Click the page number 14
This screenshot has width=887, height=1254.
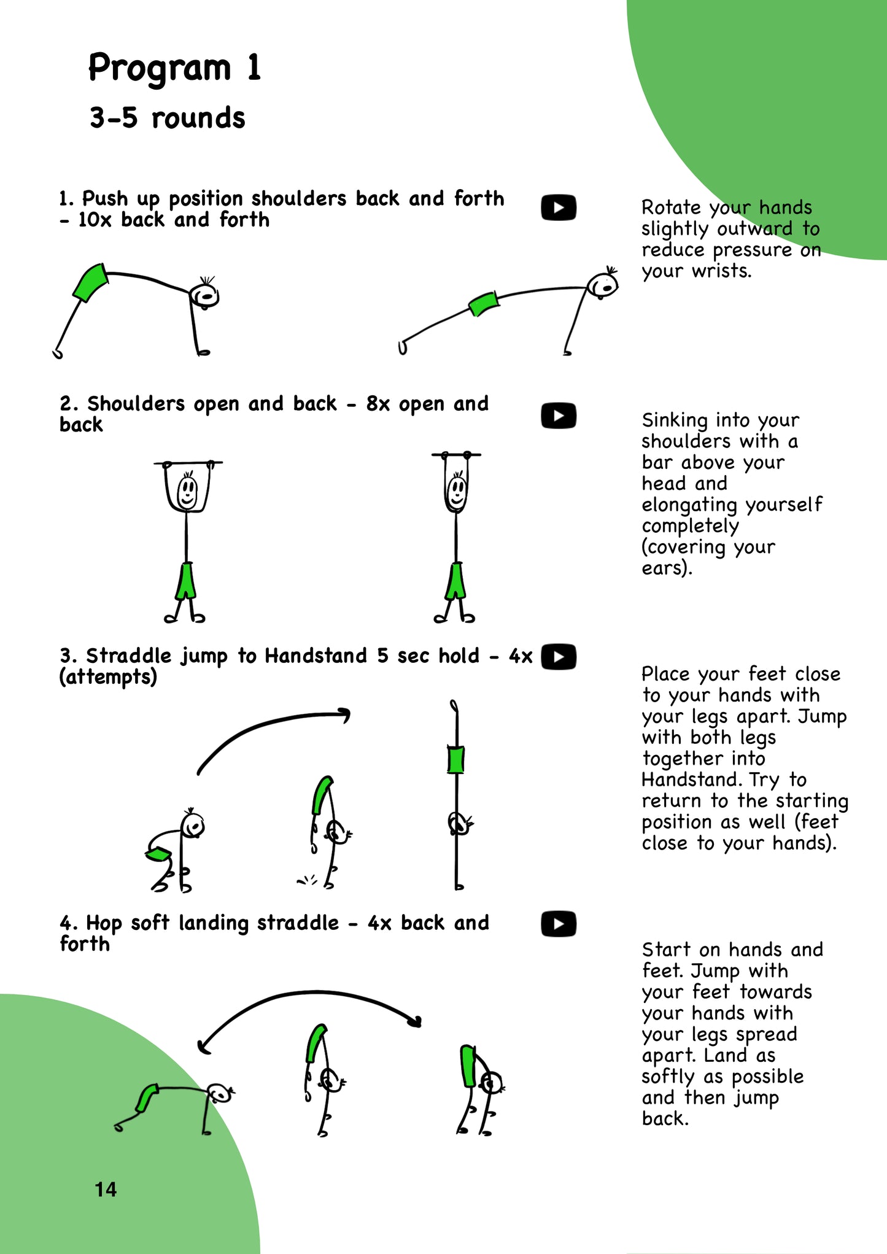point(106,1190)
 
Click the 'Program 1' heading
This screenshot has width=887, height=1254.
point(175,68)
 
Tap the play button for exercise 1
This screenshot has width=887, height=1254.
point(558,207)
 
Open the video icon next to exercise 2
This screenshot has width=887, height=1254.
point(558,416)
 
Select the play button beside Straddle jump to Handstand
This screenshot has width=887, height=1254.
point(558,656)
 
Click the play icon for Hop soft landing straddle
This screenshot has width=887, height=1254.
point(558,924)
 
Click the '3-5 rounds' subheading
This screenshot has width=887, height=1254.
point(167,118)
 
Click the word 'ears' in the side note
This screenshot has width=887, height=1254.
point(664,568)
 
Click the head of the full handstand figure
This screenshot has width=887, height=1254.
point(459,823)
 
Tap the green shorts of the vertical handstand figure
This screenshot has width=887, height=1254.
point(455,760)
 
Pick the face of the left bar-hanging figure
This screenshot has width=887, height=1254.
point(187,490)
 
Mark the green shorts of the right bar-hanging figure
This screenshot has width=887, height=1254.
point(455,581)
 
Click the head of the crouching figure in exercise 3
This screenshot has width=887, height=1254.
point(193,826)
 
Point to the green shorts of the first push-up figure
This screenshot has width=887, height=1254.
point(91,282)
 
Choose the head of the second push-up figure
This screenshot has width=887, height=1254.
point(603,284)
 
